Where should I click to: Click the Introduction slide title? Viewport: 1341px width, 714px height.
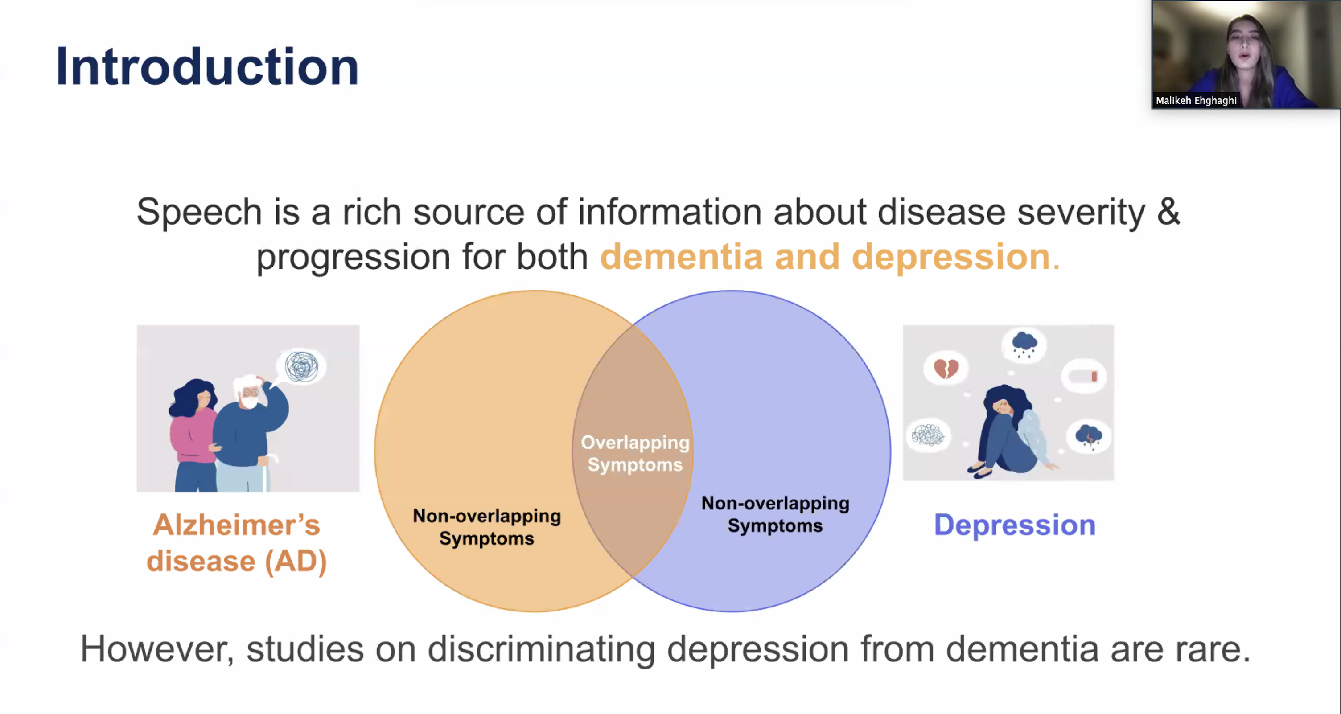coord(207,66)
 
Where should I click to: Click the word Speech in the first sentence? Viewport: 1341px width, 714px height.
coord(199,212)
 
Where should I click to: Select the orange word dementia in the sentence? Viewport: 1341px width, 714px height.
coord(681,257)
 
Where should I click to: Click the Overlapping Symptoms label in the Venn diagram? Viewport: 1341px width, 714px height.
coord(634,453)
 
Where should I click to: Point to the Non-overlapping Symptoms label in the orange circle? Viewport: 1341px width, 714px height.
coord(487,527)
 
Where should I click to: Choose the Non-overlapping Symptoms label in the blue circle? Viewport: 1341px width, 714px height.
coord(775,514)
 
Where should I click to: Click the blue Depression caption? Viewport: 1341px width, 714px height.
coord(1015,525)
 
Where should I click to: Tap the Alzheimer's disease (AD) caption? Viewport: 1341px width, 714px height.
coord(237,543)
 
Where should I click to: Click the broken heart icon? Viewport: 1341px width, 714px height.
coord(946,369)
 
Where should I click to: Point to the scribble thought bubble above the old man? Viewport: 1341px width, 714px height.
coord(302,366)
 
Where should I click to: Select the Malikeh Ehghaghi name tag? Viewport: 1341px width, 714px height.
coord(1196,100)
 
